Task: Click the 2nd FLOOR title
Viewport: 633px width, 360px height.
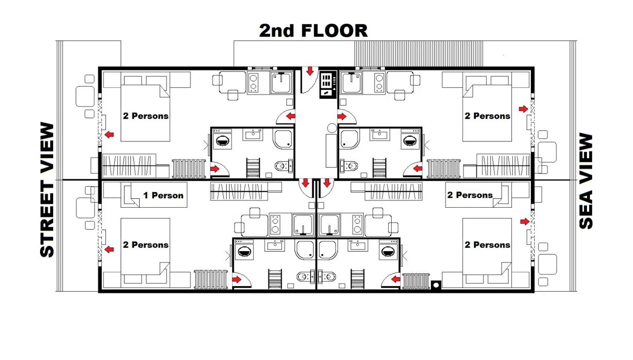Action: click(x=313, y=31)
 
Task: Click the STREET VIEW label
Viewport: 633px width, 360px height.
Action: click(x=47, y=189)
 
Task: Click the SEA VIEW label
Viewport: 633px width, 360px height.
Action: click(x=586, y=181)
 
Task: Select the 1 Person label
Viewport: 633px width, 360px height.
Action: click(x=163, y=195)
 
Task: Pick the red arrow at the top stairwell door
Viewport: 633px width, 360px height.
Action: click(x=310, y=71)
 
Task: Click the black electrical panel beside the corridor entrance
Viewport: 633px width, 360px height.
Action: click(x=328, y=84)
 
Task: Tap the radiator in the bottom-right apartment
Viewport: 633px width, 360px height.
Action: click(x=416, y=281)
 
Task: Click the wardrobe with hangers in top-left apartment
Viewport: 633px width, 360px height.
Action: click(x=129, y=165)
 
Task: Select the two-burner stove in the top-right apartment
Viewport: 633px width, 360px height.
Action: click(x=379, y=82)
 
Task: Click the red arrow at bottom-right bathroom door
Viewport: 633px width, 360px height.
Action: click(x=396, y=279)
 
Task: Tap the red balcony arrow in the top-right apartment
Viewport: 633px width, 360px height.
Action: click(x=523, y=109)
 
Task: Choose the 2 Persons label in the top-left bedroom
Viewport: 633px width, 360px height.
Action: click(x=146, y=116)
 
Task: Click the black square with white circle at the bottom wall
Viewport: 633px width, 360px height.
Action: click(x=436, y=285)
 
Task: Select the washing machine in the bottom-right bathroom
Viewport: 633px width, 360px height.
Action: click(x=388, y=251)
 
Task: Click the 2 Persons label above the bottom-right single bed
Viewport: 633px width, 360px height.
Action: click(x=470, y=195)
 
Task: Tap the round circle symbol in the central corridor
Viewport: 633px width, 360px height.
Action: click(x=332, y=128)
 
